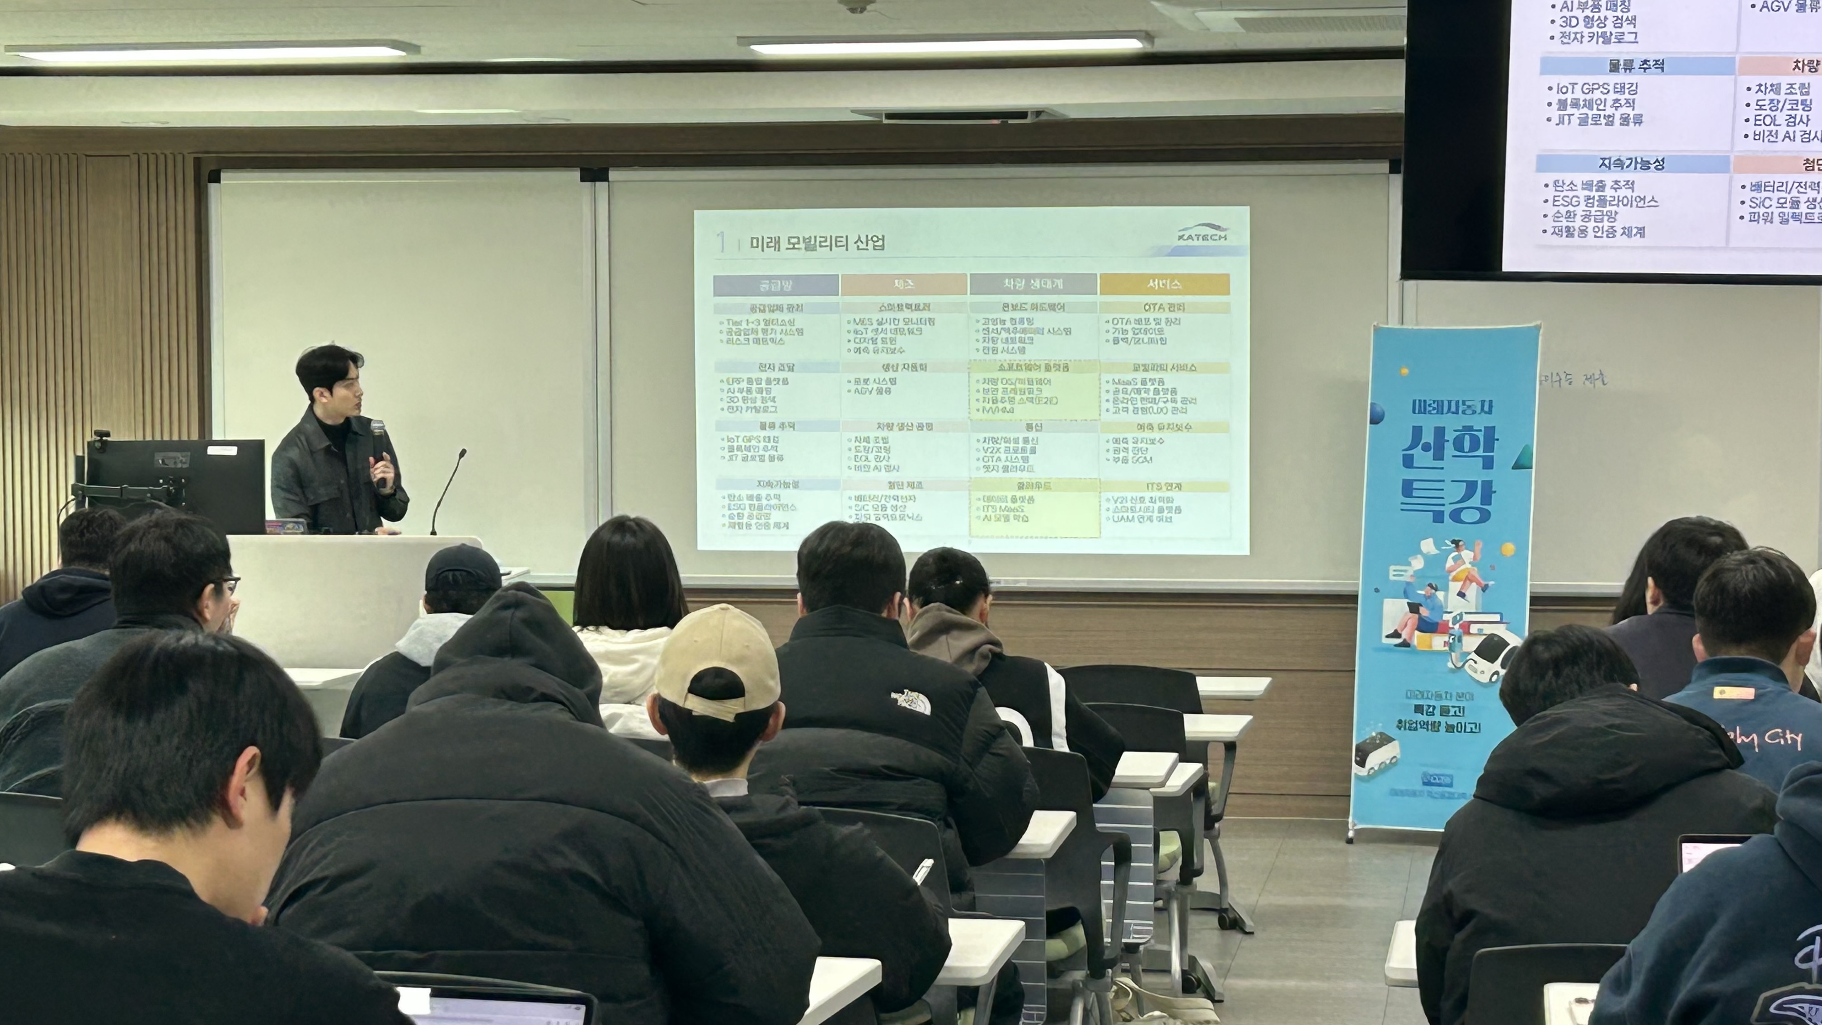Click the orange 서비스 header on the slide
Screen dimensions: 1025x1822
tap(1164, 284)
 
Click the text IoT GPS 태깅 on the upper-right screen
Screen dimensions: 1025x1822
tap(1597, 89)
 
